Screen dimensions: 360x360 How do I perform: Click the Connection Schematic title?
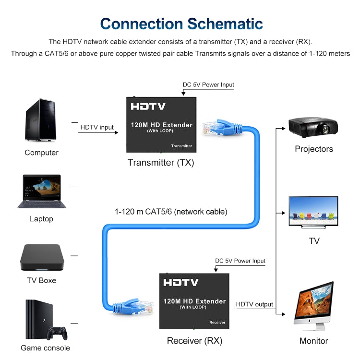pyautogui.click(x=181, y=24)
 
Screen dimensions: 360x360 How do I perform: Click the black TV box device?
pyautogui.click(x=42, y=258)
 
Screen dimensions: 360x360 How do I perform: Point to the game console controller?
pyautogui.click(x=57, y=332)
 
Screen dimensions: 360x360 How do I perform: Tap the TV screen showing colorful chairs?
pyautogui.click(x=313, y=211)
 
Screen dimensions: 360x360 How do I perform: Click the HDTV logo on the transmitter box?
pyautogui.click(x=148, y=107)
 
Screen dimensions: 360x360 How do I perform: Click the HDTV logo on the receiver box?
pyautogui.click(x=181, y=282)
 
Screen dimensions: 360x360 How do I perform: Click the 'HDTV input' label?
pyautogui.click(x=97, y=127)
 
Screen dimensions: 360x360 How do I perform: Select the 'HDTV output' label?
pyautogui.click(x=254, y=304)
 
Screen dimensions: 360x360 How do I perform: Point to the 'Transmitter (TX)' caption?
pyautogui.click(x=161, y=163)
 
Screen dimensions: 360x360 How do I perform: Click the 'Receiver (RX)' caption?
pyautogui.click(x=194, y=341)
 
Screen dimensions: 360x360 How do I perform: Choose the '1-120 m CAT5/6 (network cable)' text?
pyautogui.click(x=171, y=211)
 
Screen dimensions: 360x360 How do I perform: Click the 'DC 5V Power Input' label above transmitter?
pyautogui.click(x=208, y=85)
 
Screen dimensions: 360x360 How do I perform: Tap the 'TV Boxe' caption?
pyautogui.click(x=41, y=280)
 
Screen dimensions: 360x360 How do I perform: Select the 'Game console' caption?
pyautogui.click(x=45, y=348)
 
